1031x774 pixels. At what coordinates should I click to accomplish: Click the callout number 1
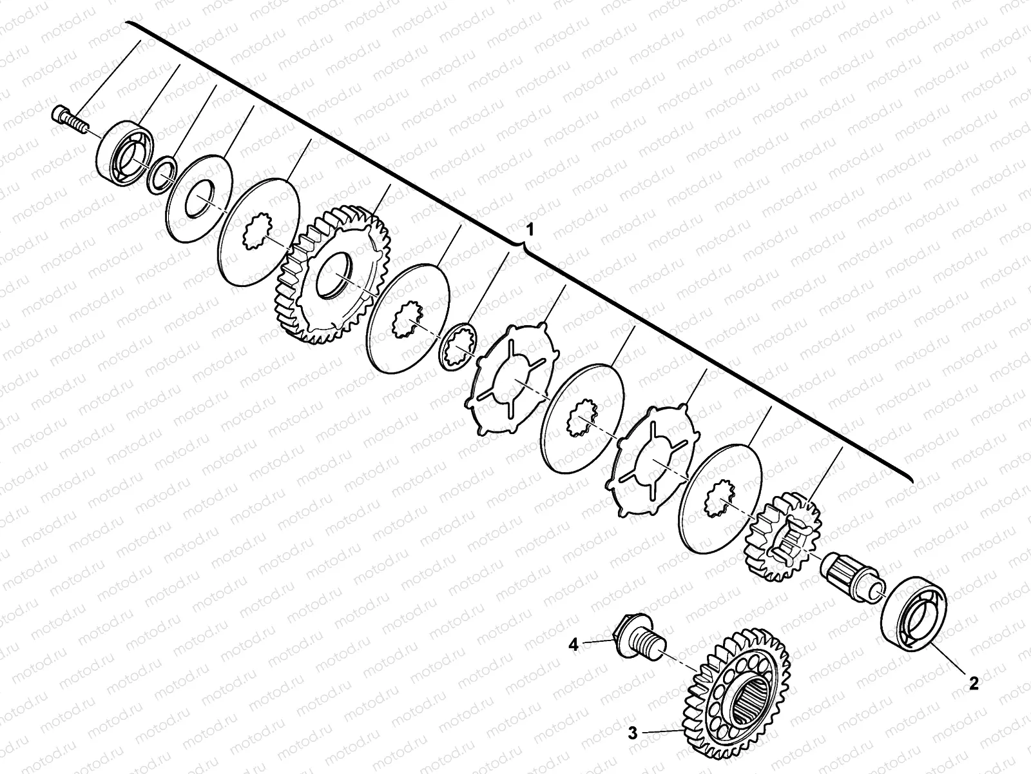tap(530, 230)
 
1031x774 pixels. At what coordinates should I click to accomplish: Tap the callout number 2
tap(974, 683)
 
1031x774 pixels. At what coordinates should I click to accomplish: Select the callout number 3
tap(633, 733)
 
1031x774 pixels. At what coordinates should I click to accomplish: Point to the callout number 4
tap(573, 645)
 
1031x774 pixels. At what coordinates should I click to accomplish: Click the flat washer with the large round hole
tap(199, 199)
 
